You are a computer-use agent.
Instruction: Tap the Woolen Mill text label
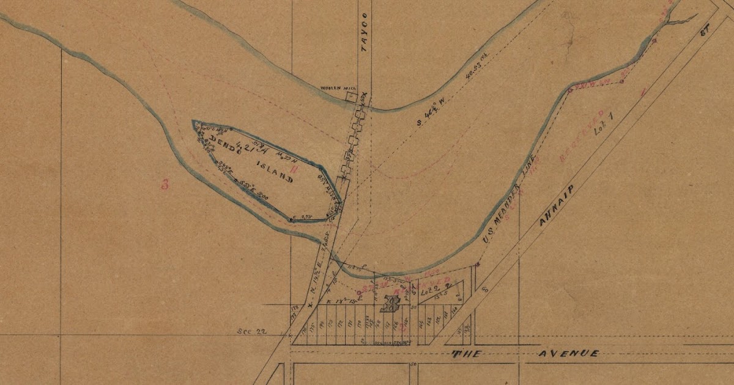click(333, 88)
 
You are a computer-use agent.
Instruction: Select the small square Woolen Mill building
click(351, 97)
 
